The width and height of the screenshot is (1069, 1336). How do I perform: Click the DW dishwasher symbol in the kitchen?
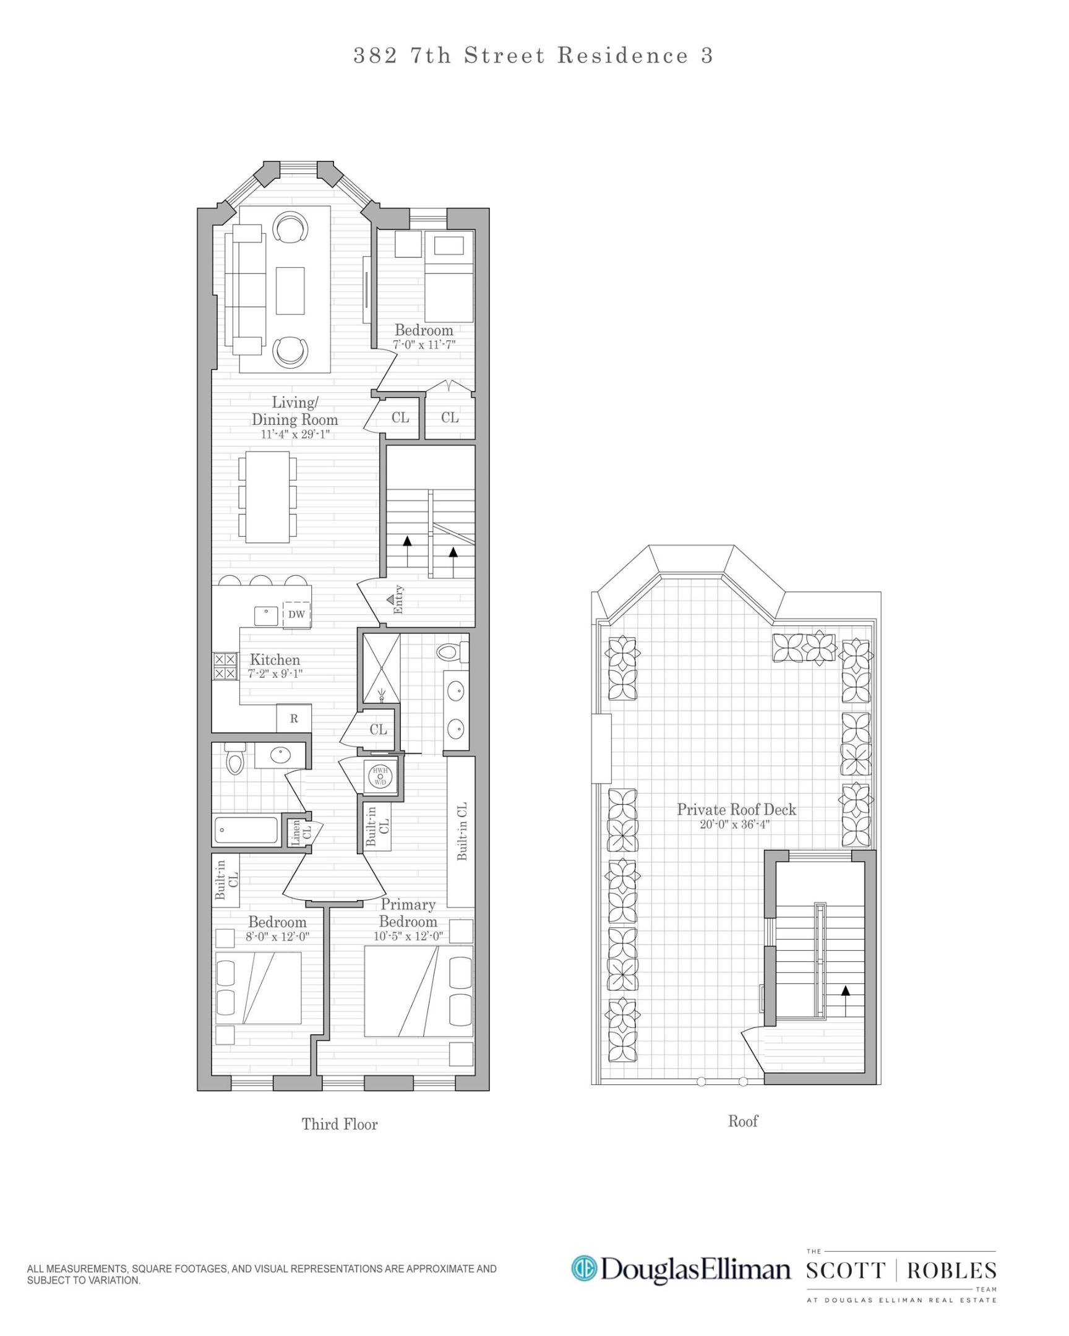296,615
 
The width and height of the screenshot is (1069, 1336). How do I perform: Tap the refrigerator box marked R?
294,719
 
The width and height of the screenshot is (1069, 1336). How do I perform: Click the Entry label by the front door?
398,599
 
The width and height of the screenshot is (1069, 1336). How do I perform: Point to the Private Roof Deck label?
736,809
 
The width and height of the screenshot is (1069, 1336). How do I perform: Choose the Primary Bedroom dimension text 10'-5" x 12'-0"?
408,936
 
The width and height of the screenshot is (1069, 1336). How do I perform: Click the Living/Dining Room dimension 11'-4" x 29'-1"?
294,434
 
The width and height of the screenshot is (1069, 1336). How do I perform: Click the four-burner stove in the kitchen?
225,666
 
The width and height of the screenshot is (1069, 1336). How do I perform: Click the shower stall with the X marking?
381,669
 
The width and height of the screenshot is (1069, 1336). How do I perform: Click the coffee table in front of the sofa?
290,291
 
